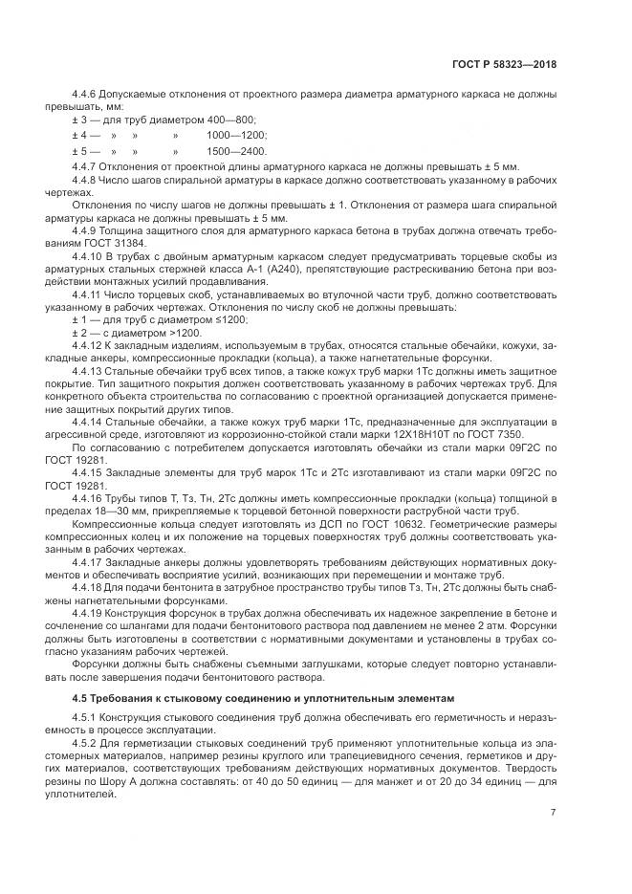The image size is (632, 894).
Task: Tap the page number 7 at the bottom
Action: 553,813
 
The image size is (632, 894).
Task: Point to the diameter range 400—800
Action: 205,120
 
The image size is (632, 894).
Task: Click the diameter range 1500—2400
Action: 236,152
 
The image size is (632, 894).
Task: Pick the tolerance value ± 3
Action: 78,120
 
